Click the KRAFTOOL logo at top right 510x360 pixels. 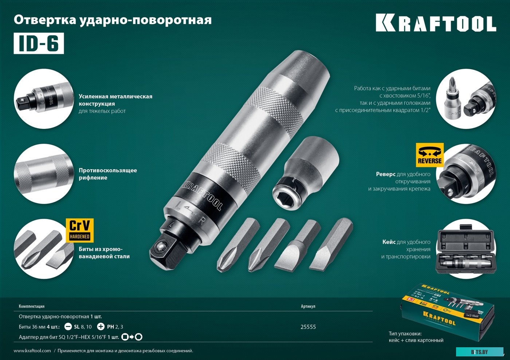[x=436, y=24]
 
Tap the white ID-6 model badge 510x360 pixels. [x=39, y=44]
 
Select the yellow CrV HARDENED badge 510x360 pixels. [x=79, y=230]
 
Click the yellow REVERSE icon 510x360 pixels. [x=430, y=155]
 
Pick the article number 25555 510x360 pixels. [x=308, y=327]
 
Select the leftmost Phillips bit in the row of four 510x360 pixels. [x=237, y=245]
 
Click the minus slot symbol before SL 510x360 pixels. [x=68, y=327]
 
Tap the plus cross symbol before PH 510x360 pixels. [x=101, y=327]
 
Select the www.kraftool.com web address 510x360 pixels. [x=32, y=351]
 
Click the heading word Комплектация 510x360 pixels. [x=32, y=306]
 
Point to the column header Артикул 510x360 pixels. [x=308, y=306]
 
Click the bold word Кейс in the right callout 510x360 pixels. [x=389, y=242]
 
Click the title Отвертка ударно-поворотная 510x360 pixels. [x=113, y=20]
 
